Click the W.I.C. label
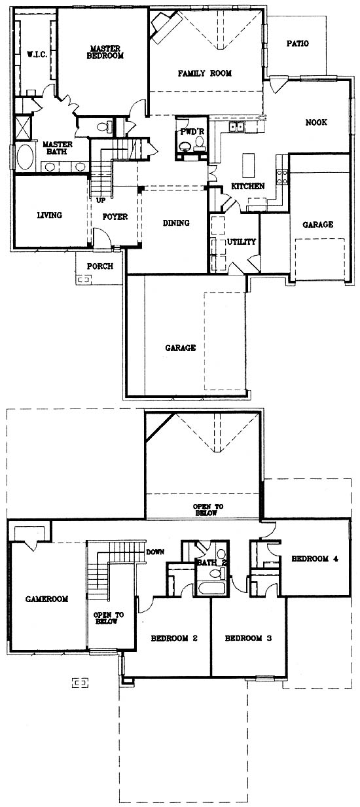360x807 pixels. click(37, 55)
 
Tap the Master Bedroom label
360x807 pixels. click(105, 52)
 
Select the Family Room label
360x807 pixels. click(205, 73)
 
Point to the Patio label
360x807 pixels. click(298, 44)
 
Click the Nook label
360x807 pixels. click(316, 122)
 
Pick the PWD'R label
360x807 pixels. click(192, 132)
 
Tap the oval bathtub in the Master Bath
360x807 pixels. click(24, 157)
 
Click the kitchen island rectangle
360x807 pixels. click(248, 166)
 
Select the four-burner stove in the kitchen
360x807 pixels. click(282, 177)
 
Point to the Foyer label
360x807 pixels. click(115, 217)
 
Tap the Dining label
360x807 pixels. click(176, 223)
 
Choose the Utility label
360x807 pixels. click(242, 242)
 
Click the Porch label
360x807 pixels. click(100, 266)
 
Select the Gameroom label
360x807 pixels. click(47, 599)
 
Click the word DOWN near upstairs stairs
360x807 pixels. click(155, 552)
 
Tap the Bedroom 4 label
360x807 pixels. click(315, 559)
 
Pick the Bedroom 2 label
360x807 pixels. click(174, 638)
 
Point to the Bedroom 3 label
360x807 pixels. click(248, 638)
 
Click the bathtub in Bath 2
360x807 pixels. click(212, 588)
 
